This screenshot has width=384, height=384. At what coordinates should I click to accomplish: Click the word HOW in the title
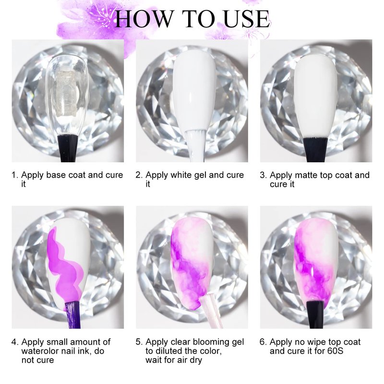tap(144, 19)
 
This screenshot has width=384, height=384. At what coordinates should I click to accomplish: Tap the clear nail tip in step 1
tap(66, 94)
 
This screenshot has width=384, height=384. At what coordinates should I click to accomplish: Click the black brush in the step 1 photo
tap(68, 148)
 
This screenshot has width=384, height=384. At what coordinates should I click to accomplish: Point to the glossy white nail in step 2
tap(194, 91)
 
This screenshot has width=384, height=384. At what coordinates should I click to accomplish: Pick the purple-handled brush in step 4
tap(73, 315)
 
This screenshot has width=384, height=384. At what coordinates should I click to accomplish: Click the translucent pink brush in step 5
tap(211, 312)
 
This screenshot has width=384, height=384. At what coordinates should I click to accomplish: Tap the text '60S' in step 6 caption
tap(335, 351)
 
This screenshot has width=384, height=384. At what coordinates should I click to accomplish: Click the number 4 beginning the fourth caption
tap(14, 342)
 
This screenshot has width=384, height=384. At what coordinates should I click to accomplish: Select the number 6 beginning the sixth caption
tap(263, 342)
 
